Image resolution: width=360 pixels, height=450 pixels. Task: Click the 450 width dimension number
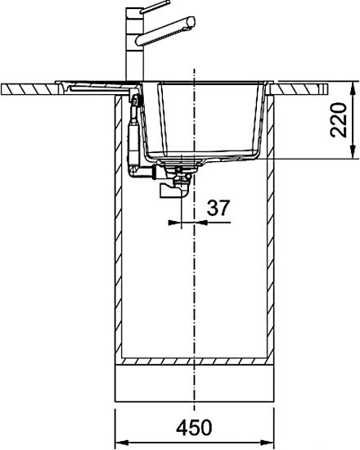[x=195, y=427]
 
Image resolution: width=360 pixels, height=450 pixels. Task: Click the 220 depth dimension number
[x=339, y=119]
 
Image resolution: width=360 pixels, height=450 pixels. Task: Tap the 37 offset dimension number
[x=218, y=208]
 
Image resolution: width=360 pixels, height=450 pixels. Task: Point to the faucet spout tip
[x=191, y=21]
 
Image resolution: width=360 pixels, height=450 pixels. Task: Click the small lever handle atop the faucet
[x=155, y=7]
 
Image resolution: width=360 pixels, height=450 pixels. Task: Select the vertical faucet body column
[x=134, y=44]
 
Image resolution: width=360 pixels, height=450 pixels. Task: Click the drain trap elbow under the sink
[x=173, y=191]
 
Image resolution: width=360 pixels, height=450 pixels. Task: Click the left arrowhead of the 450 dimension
[x=121, y=443]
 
